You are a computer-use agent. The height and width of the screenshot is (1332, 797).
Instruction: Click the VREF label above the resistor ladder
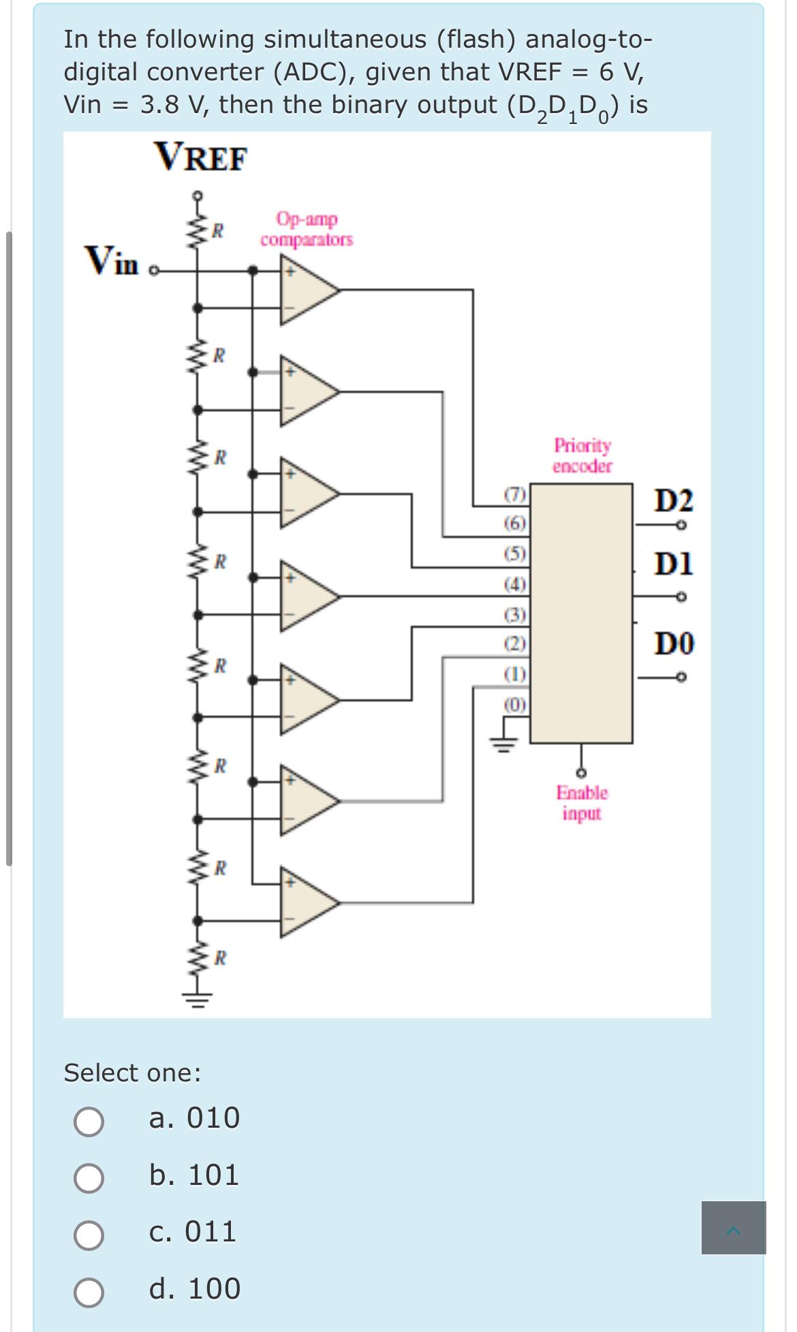pos(201,158)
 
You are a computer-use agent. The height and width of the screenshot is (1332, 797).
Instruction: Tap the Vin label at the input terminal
pos(111,261)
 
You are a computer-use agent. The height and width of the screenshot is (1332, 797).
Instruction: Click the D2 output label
pos(674,501)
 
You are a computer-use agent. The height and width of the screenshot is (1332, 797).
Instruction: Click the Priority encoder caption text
pos(582,456)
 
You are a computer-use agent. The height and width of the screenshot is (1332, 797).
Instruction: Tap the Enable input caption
pos(582,803)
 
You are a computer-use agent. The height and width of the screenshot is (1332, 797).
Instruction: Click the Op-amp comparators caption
pos(307,229)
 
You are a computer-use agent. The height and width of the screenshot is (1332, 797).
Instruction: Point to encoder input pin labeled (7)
pos(515,494)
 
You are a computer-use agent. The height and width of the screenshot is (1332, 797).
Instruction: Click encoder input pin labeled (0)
pos(515,704)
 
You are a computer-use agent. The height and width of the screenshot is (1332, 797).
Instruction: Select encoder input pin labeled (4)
pos(515,584)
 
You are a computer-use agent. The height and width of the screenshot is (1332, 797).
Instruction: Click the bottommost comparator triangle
pos(307,902)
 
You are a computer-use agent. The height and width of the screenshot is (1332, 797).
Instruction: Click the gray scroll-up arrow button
pos(734,1228)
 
